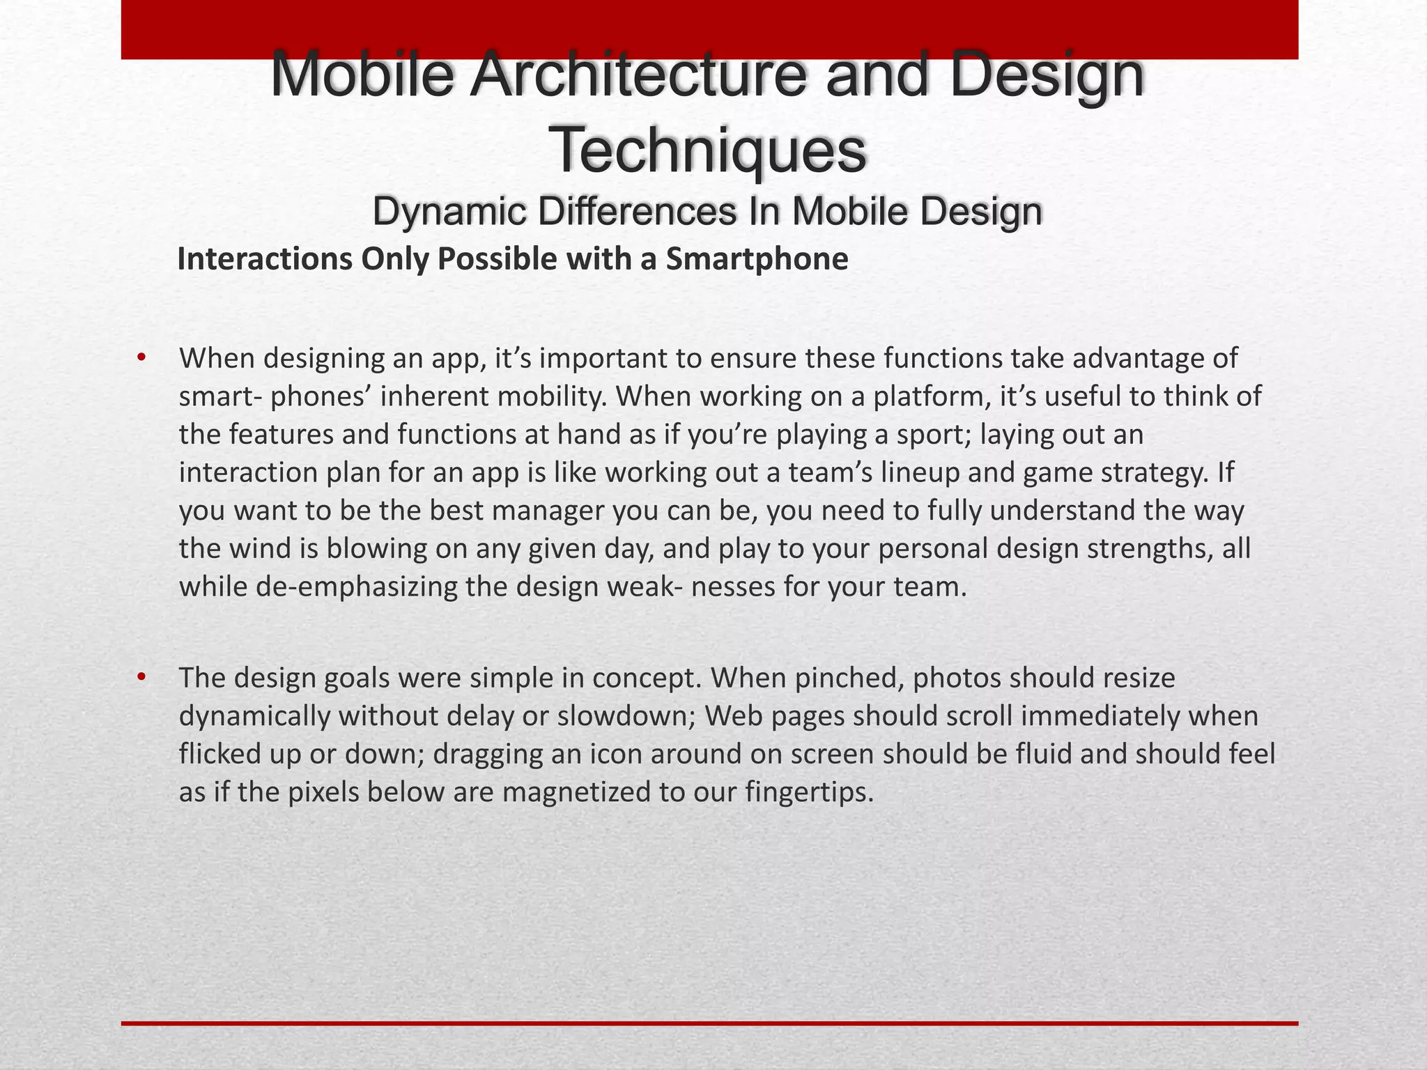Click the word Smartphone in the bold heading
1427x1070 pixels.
click(757, 259)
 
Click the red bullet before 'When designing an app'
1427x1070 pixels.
click(141, 358)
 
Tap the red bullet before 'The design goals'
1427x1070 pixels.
click(141, 677)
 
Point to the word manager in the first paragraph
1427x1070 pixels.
click(547, 511)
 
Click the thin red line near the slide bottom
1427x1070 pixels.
click(709, 1023)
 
